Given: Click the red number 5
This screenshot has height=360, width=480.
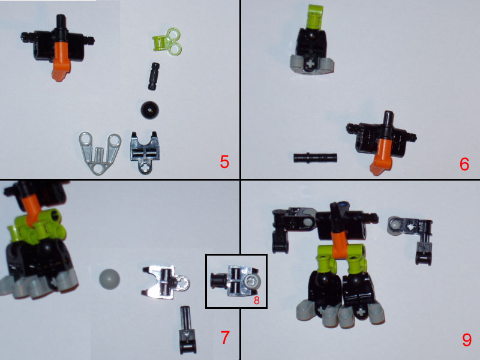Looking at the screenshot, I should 224,162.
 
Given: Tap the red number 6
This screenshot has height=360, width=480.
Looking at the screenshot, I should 464,163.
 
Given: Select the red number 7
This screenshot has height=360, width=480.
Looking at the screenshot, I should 225,338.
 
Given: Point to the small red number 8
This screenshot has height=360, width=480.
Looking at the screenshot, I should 256,301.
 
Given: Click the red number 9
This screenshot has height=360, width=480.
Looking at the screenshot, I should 466,340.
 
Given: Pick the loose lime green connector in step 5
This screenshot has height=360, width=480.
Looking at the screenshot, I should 163,41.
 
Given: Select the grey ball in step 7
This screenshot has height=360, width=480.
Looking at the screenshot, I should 109,279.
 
